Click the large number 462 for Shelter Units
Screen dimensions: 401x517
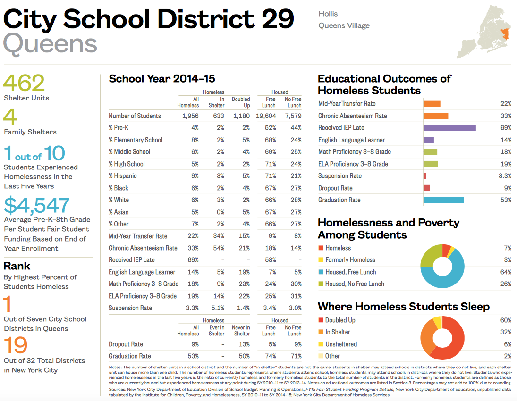pos(24,83)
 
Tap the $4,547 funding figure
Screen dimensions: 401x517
pos(37,205)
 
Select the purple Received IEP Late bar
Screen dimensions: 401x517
pos(449,128)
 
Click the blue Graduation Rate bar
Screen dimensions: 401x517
pos(443,200)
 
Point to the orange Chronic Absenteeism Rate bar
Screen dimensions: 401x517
pos(435,116)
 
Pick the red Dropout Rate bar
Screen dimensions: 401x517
pos(426,188)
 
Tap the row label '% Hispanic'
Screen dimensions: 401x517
pos(122,176)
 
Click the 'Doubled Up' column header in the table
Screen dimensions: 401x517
pos(241,102)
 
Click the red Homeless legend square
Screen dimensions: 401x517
pos(321,248)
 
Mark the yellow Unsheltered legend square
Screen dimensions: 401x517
pos(321,344)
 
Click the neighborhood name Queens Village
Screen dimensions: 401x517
pos(344,26)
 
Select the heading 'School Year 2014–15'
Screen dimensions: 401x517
pos(161,79)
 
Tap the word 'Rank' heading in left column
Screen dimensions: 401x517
pos(17,266)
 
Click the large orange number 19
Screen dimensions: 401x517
pos(16,346)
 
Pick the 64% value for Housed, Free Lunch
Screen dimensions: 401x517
pos(506,272)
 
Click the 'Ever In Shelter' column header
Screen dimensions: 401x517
pos(217,330)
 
